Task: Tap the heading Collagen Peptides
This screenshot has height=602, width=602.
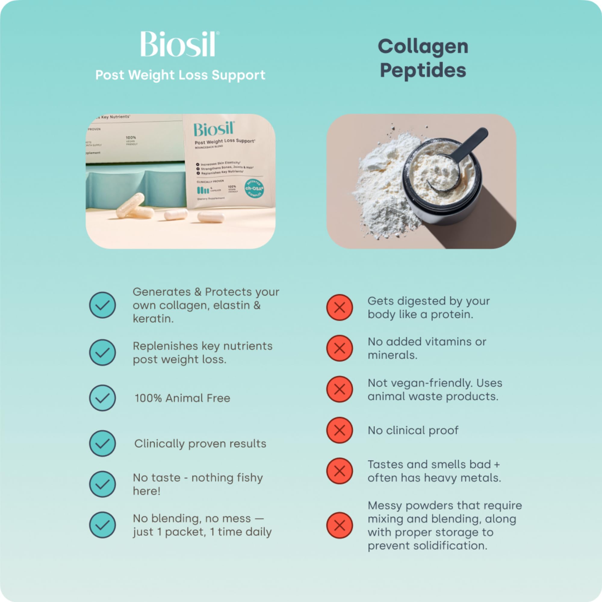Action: pos(423,58)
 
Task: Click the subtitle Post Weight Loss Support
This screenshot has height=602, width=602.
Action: pos(180,75)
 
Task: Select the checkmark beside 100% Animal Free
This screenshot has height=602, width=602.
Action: pos(102,398)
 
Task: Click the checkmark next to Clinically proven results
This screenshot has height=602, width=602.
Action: pos(102,443)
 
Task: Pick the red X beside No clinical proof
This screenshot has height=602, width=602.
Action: pos(339,430)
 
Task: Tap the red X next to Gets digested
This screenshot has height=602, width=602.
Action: pos(339,307)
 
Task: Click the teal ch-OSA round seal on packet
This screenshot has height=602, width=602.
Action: pos(254,188)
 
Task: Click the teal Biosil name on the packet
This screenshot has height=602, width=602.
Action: pos(213,129)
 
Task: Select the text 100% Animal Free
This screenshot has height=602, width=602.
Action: pos(182,398)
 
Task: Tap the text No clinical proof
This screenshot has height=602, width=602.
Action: pos(413,430)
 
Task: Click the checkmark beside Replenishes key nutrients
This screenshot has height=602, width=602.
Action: pos(102,352)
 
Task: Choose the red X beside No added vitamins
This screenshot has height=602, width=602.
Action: pos(339,348)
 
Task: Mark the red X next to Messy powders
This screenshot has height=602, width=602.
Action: pos(339,525)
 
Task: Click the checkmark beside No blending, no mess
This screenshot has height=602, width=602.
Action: pos(102,525)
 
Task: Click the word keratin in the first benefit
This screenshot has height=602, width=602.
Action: pos(153,319)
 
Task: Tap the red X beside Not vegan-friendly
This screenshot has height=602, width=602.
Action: pos(339,389)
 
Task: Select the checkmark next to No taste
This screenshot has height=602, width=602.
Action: pos(102,484)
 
